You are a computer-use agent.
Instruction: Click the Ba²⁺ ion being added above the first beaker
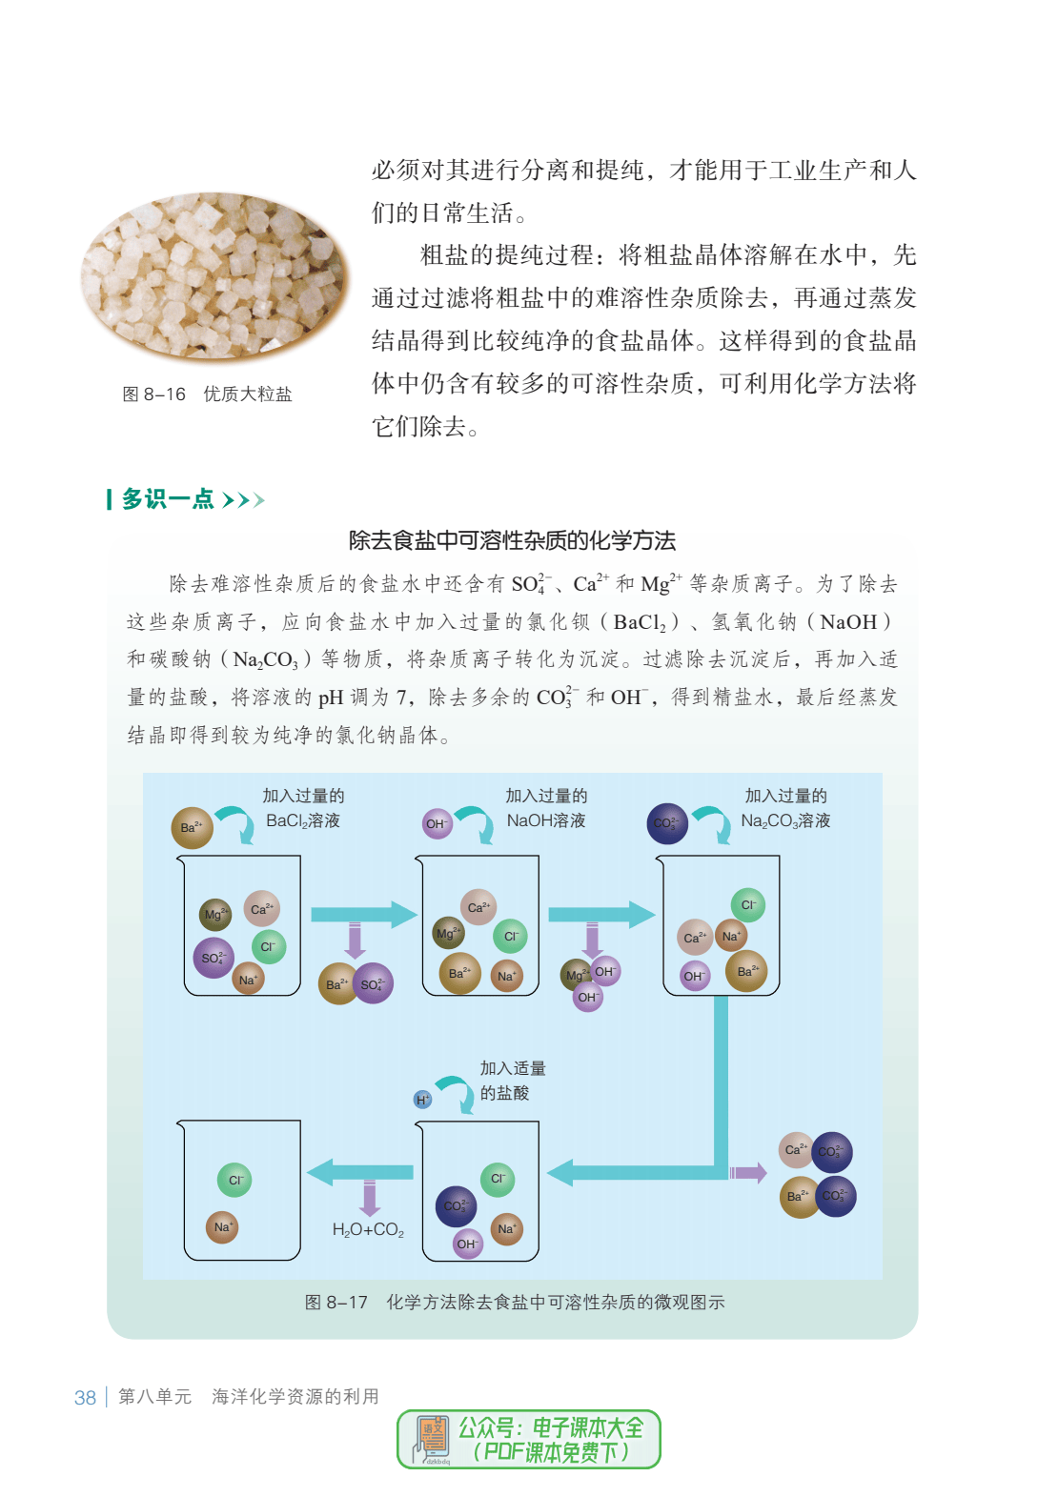click(192, 827)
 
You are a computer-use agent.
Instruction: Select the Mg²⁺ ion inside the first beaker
click(215, 914)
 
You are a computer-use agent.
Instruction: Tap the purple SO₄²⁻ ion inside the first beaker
click(214, 958)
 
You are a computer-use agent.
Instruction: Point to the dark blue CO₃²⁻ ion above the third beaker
click(667, 823)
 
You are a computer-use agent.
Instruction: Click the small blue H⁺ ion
click(422, 1100)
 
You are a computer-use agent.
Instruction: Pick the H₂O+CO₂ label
click(368, 1229)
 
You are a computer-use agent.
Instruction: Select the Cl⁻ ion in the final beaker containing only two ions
click(234, 1181)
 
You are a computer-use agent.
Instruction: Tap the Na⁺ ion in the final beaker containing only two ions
click(222, 1227)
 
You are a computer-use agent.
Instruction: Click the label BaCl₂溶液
click(303, 820)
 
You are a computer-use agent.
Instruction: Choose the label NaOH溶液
click(546, 820)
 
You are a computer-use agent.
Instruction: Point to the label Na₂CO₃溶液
click(785, 820)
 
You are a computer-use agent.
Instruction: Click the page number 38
click(85, 1398)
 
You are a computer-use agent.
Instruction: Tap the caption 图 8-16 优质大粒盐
click(207, 394)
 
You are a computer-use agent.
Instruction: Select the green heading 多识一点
click(168, 499)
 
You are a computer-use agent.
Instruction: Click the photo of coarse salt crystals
click(214, 277)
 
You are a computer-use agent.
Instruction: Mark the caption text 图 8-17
click(336, 1302)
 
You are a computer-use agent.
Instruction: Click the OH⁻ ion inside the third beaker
click(695, 976)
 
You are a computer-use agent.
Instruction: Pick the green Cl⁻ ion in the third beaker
click(748, 905)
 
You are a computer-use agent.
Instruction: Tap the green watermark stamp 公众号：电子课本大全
click(529, 1440)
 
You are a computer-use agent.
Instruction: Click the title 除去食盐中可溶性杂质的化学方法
click(512, 540)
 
